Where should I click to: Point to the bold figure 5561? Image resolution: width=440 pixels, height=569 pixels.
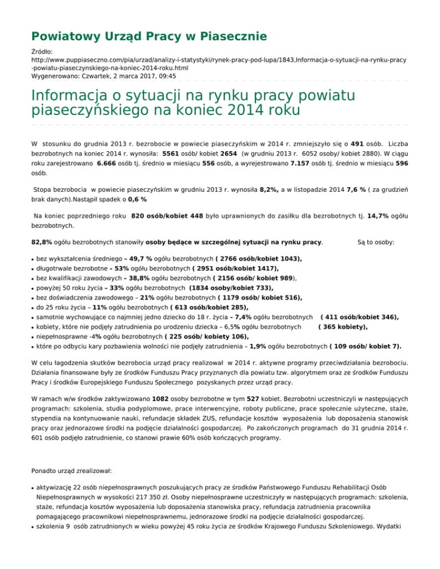(x=174, y=154)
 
